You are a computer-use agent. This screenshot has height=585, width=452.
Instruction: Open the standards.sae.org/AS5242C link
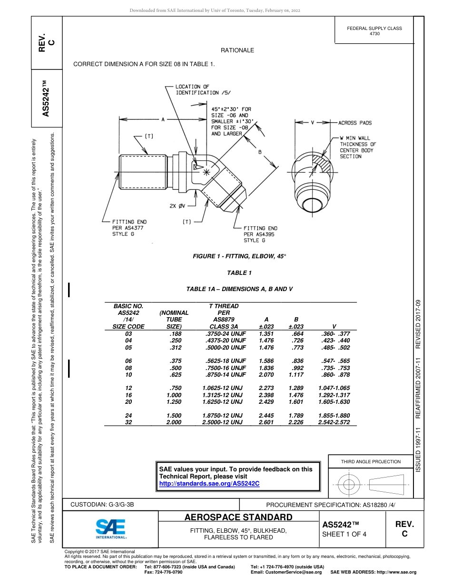pyautogui.click(x=209, y=483)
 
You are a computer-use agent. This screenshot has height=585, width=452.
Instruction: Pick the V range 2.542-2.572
pyautogui.click(x=334, y=422)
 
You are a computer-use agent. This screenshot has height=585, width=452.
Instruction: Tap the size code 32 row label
pyautogui.click(x=128, y=422)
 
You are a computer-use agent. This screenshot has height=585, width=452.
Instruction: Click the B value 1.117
pyautogui.click(x=296, y=375)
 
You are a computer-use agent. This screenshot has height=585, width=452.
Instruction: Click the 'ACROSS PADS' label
pyautogui.click(x=355, y=123)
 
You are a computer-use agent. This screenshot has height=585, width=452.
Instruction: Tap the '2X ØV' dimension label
pyautogui.click(x=177, y=206)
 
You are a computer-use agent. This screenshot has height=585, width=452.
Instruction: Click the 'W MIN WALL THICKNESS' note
pyautogui.click(x=357, y=147)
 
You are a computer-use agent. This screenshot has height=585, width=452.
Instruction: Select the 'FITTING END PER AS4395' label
pyautogui.click(x=260, y=234)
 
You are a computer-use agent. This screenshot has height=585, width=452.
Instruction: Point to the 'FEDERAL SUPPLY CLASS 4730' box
pyautogui.click(x=374, y=31)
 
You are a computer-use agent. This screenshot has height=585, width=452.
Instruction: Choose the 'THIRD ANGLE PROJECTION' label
pyautogui.click(x=371, y=461)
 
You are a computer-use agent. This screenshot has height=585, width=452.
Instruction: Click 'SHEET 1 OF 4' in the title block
pyautogui.click(x=344, y=534)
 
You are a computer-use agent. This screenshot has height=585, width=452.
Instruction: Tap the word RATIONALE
pyautogui.click(x=237, y=50)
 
